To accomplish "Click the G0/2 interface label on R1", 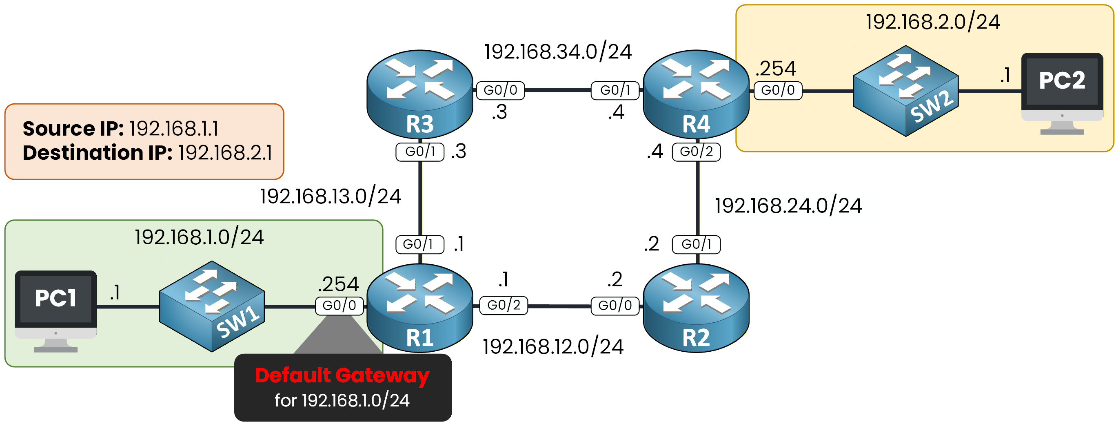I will click(504, 305).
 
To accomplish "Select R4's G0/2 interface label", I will click(696, 152).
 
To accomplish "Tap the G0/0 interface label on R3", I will click(500, 90).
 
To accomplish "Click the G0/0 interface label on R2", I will click(615, 306).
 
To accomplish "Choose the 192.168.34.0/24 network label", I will click(557, 52).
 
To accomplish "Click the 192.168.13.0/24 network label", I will click(331, 196).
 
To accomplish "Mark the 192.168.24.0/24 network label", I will click(788, 206).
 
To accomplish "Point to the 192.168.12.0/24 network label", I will click(553, 347).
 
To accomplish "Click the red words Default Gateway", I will click(342, 375).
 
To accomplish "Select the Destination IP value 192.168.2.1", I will click(225, 153).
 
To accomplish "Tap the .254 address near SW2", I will click(775, 69).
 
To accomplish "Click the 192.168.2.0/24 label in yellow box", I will click(933, 22).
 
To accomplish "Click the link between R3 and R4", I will click(558, 90).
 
